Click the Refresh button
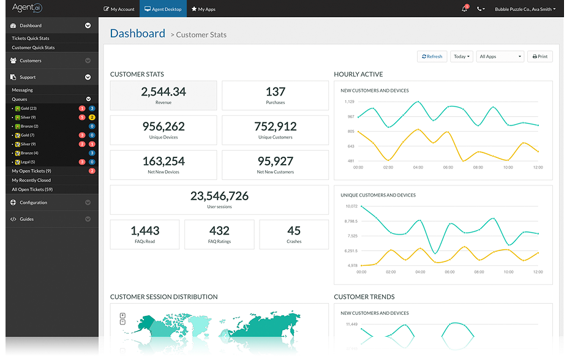pyautogui.click(x=432, y=56)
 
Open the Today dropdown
pyautogui.click(x=462, y=56)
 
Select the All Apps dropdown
pyautogui.click(x=500, y=56)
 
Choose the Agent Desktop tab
pyautogui.click(x=163, y=9)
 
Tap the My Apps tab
pyautogui.click(x=203, y=9)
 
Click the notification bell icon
pyautogui.click(x=464, y=9)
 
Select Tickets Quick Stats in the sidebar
pyautogui.click(x=31, y=39)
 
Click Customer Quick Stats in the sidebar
pyautogui.click(x=33, y=48)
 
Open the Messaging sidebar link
pyautogui.click(x=23, y=90)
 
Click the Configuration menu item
pyautogui.click(x=33, y=203)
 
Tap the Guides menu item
pyautogui.click(x=26, y=219)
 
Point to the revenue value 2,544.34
pyautogui.click(x=163, y=92)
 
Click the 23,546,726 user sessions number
pyautogui.click(x=219, y=196)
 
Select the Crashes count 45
pyautogui.click(x=294, y=231)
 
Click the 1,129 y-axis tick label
pyautogui.click(x=350, y=102)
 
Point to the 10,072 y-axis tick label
pyautogui.click(x=351, y=206)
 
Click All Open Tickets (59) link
pyautogui.click(x=32, y=190)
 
